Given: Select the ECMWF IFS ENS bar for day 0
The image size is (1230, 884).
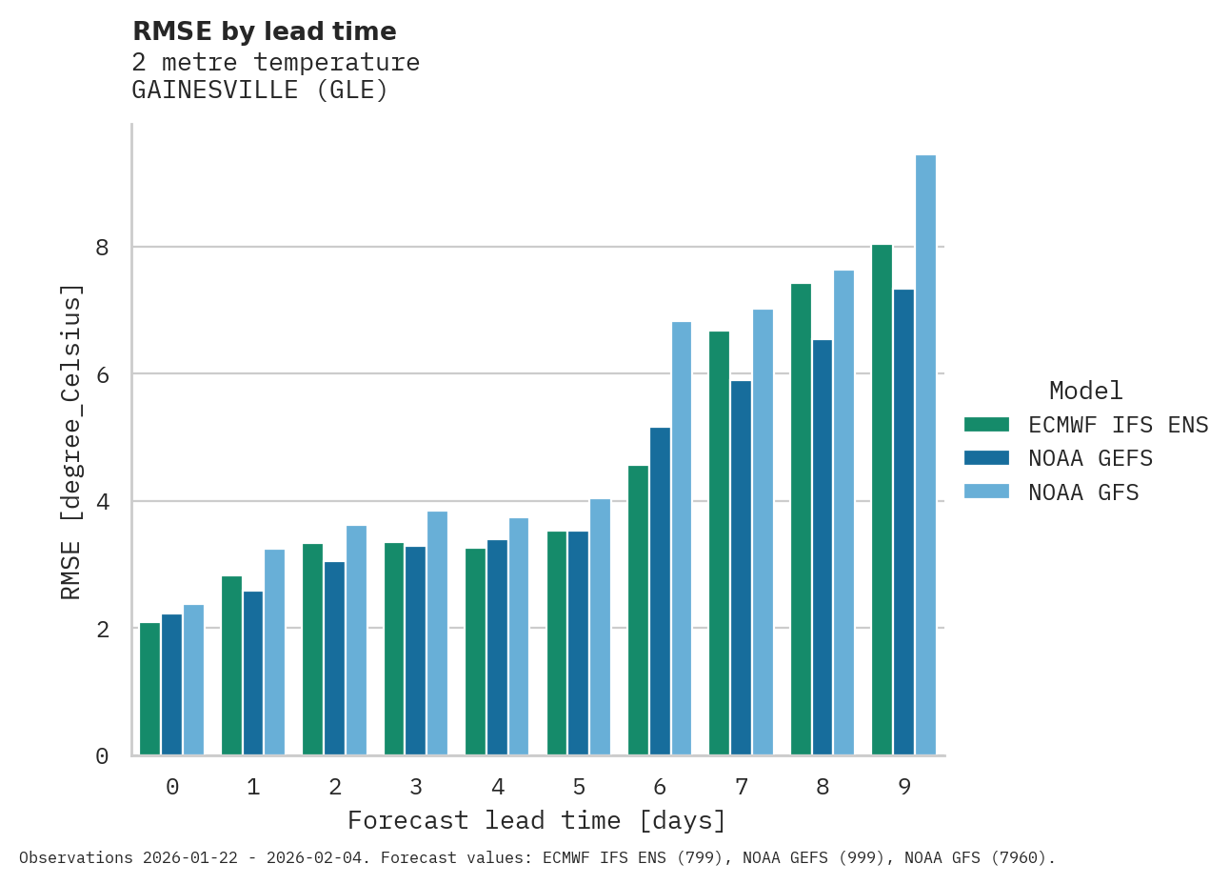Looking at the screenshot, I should (149, 689).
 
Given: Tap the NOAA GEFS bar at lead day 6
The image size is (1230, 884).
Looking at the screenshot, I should (660, 592).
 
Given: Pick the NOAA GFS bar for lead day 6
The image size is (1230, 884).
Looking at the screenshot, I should (682, 538).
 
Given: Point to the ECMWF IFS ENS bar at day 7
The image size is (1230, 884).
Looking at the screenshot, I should (719, 543).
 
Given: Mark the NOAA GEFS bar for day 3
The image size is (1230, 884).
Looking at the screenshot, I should (415, 651).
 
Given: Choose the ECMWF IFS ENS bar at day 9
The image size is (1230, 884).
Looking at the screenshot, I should (882, 500).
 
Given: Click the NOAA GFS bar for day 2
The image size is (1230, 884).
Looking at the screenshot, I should (356, 640).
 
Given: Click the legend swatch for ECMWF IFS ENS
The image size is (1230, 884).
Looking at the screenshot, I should (985, 424).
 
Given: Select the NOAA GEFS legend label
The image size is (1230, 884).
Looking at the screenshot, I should (1090, 458).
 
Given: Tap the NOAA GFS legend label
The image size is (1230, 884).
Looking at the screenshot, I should (1083, 492).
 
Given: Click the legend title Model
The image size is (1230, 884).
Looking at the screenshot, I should (1085, 391).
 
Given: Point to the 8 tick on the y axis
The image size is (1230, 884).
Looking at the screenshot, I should (102, 248).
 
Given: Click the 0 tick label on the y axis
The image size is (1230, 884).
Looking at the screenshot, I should (102, 756).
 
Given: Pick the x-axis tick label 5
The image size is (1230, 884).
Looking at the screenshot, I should (579, 787).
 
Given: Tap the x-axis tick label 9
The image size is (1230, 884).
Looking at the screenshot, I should (904, 787).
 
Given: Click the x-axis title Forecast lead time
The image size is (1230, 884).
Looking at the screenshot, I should (536, 820).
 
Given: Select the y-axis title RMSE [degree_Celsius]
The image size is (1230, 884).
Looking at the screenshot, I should (71, 441).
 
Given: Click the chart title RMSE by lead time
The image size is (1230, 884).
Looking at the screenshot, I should (264, 31).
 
